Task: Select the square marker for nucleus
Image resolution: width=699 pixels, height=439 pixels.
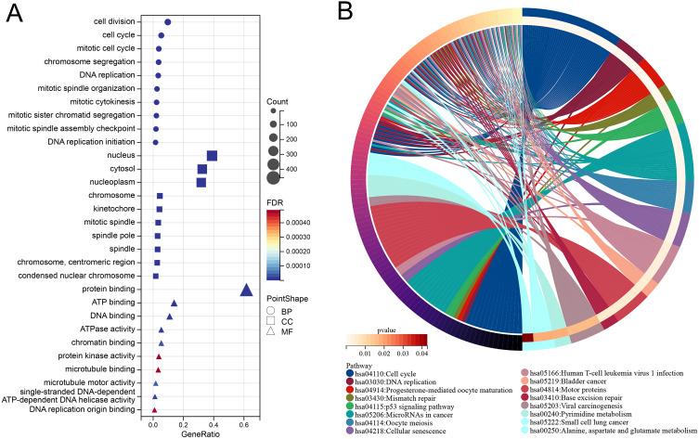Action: (x=212, y=156)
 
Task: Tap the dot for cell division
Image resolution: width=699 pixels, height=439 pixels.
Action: (x=167, y=22)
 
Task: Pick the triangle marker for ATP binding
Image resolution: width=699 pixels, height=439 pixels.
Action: (x=174, y=303)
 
